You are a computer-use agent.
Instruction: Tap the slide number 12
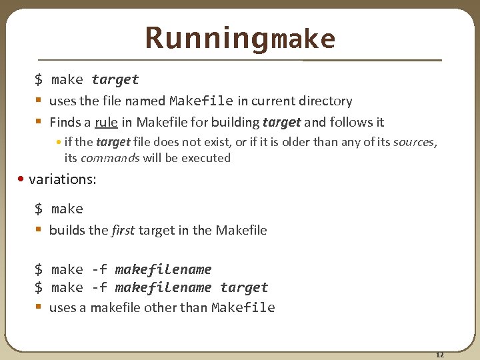point(439,354)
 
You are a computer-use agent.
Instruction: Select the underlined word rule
point(106,122)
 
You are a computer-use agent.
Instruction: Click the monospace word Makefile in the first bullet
point(201,101)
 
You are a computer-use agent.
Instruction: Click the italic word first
point(123,230)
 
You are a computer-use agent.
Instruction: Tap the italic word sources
point(415,142)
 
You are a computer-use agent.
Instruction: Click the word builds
point(69,230)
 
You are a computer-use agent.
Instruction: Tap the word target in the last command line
point(244,287)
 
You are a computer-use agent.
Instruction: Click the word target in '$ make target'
point(115,79)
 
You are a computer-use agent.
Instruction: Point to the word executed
point(207,158)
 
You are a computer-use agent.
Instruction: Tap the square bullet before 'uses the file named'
point(39,101)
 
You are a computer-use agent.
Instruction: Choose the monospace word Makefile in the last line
point(243,307)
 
